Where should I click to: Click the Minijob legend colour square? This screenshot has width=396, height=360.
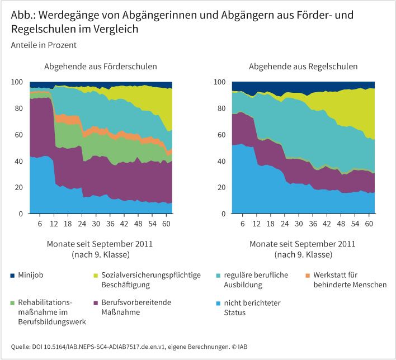pyautogui.click(x=13, y=276)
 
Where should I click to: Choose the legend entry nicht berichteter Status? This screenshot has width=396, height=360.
pyautogui.click(x=252, y=307)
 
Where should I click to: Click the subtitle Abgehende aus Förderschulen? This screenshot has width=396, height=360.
pyautogui.click(x=101, y=67)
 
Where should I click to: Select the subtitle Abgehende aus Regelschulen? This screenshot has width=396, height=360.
pyautogui.click(x=303, y=67)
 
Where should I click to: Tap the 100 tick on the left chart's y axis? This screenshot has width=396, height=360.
pyautogui.click(x=17, y=82)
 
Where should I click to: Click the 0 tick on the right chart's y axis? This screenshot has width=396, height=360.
pyautogui.click(x=222, y=214)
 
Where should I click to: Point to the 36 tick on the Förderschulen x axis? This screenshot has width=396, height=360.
pyautogui.click(x=111, y=224)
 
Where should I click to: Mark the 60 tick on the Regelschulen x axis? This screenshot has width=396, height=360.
pyautogui.click(x=369, y=224)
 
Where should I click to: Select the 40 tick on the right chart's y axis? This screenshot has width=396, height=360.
pyautogui.click(x=220, y=162)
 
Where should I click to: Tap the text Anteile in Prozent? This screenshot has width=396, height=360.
pyautogui.click(x=43, y=45)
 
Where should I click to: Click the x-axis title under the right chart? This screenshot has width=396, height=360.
pyautogui.click(x=303, y=249)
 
